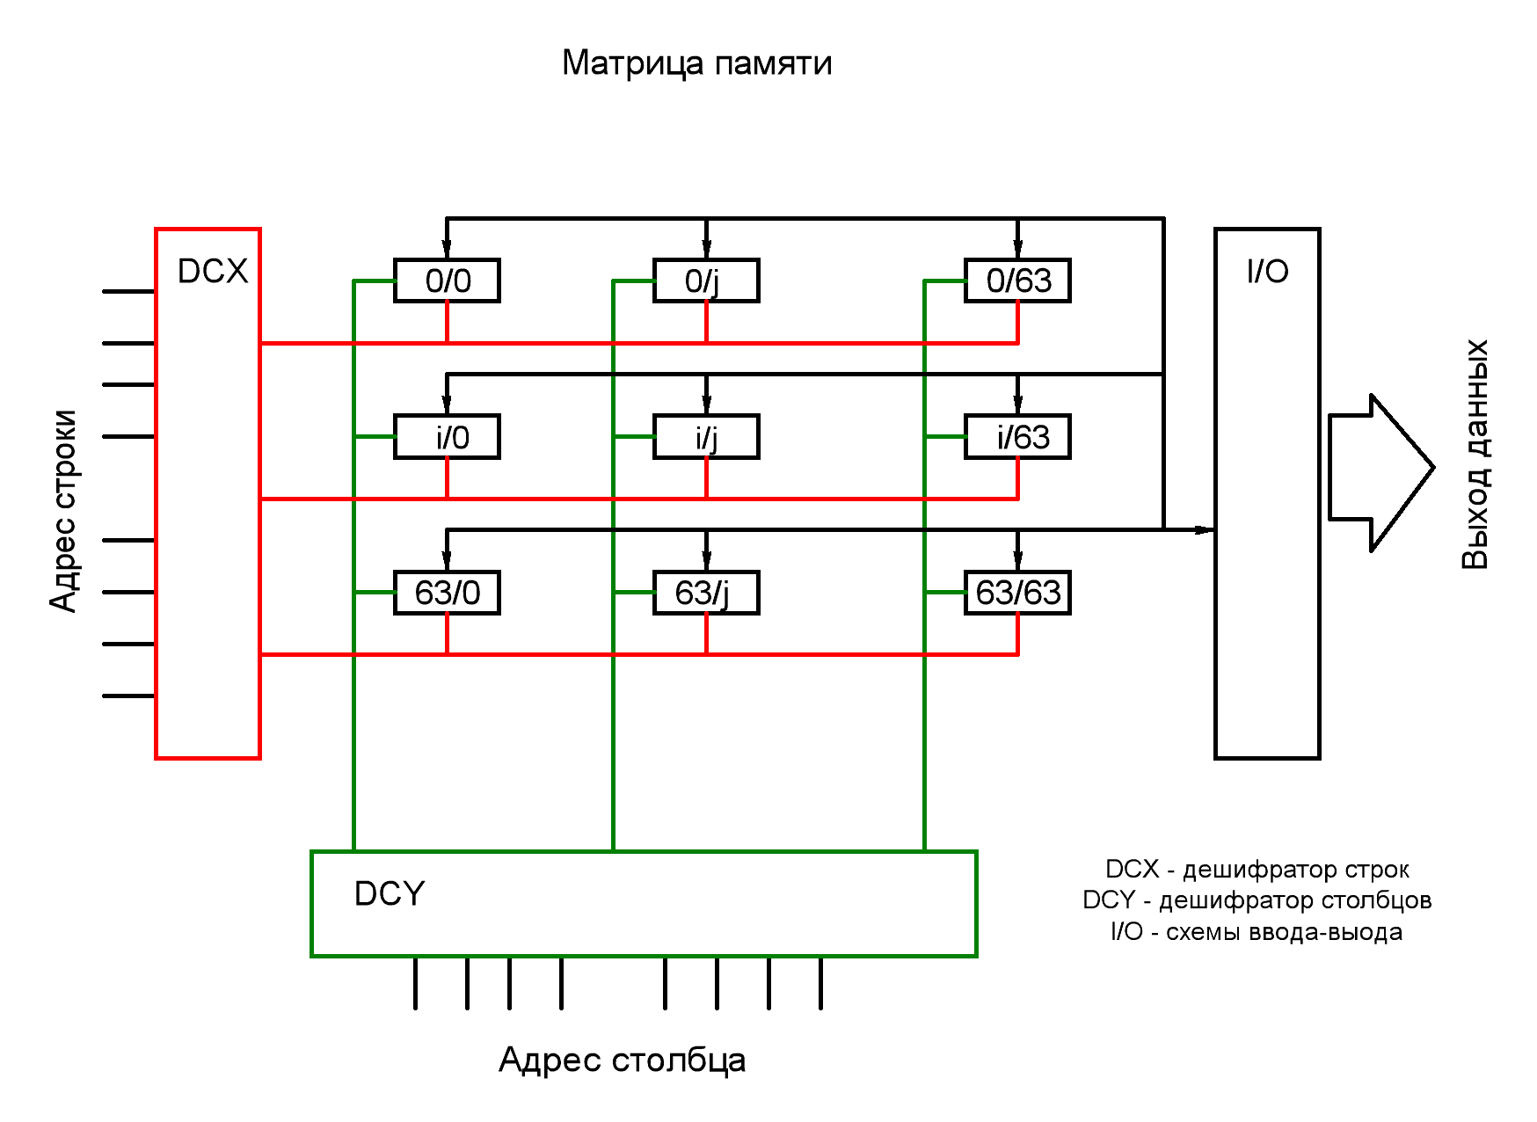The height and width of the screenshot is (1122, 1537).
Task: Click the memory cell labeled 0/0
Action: click(x=447, y=281)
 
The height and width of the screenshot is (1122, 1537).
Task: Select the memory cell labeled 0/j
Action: click(x=706, y=281)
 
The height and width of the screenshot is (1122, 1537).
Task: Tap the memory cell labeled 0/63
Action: click(x=1017, y=281)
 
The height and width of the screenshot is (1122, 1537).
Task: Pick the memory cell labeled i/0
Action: click(x=447, y=437)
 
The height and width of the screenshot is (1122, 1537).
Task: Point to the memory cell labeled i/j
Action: click(x=706, y=437)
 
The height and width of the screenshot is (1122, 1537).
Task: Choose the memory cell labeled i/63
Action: click(x=1017, y=437)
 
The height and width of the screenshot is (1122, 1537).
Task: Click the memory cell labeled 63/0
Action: click(x=447, y=593)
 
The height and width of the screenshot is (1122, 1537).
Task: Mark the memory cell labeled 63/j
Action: click(x=706, y=593)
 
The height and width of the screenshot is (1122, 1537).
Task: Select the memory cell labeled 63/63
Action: click(x=1017, y=593)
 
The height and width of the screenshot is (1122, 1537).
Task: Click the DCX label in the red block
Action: click(x=213, y=271)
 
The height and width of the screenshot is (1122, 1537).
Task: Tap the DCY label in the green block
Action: click(x=389, y=893)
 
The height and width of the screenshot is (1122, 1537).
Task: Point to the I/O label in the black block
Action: click(x=1267, y=271)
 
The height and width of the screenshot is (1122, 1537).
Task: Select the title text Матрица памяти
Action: click(x=696, y=63)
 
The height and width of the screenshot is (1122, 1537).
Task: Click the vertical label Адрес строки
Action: click(x=63, y=510)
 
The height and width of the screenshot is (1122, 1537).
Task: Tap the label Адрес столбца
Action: click(x=622, y=1060)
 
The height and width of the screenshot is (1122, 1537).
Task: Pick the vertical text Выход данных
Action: click(x=1475, y=455)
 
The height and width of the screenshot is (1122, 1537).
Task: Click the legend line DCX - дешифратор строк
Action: click(x=1257, y=870)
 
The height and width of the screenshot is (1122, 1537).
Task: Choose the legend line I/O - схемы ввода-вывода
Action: click(x=1257, y=931)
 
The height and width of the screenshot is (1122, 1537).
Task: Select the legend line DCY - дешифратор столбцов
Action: click(x=1257, y=900)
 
